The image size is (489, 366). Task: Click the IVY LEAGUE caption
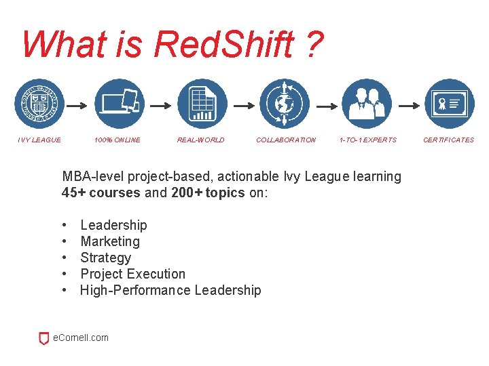pos(39,140)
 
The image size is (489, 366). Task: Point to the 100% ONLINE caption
pos(117,140)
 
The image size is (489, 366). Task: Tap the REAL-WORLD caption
pos(200,140)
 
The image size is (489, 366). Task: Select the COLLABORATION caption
pos(285,140)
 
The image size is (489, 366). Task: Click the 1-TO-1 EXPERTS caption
pos(367,140)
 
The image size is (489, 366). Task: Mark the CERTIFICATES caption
pos(448,140)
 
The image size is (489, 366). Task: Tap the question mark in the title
pos(314,45)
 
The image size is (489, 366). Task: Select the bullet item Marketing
pos(110,241)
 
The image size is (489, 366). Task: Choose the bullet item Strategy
pos(105,258)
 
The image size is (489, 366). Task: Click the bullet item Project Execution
pos(132,274)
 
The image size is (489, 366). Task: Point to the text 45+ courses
pos(102,192)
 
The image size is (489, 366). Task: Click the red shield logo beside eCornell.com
pos(44,338)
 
